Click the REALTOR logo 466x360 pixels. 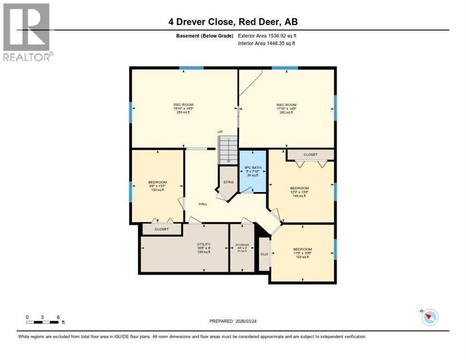27,32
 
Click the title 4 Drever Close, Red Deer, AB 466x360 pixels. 233,22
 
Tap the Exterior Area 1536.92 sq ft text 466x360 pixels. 267,36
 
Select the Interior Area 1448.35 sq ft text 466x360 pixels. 267,44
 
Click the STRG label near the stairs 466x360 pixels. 228,182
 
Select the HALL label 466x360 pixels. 203,204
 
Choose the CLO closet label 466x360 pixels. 264,254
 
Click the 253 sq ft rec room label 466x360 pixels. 183,109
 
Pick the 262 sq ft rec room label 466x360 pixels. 286,109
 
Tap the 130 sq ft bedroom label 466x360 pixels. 158,186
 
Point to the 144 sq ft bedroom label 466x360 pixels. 299,192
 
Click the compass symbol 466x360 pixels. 429,317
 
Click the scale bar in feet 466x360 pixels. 43,322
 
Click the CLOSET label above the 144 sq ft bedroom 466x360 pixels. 310,155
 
